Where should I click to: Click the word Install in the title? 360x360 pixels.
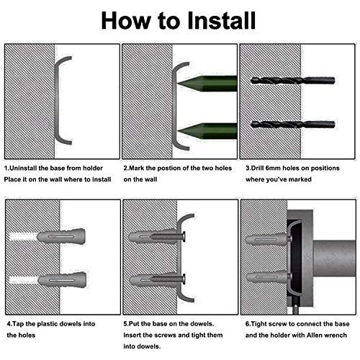221,20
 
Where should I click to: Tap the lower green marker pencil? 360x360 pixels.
207,131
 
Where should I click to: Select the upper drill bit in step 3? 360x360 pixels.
292,81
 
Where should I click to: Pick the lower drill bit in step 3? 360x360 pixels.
293,125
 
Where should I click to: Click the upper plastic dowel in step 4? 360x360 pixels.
61,236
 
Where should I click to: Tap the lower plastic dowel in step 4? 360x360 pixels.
62,280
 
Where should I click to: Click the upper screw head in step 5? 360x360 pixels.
184,237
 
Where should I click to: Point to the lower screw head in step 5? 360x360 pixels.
184,279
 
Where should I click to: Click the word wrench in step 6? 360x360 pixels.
337,335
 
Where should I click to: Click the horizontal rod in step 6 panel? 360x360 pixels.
334,258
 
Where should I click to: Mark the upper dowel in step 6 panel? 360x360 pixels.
266,239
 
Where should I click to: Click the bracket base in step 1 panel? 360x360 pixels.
58,101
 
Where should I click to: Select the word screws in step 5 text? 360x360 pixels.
155,335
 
